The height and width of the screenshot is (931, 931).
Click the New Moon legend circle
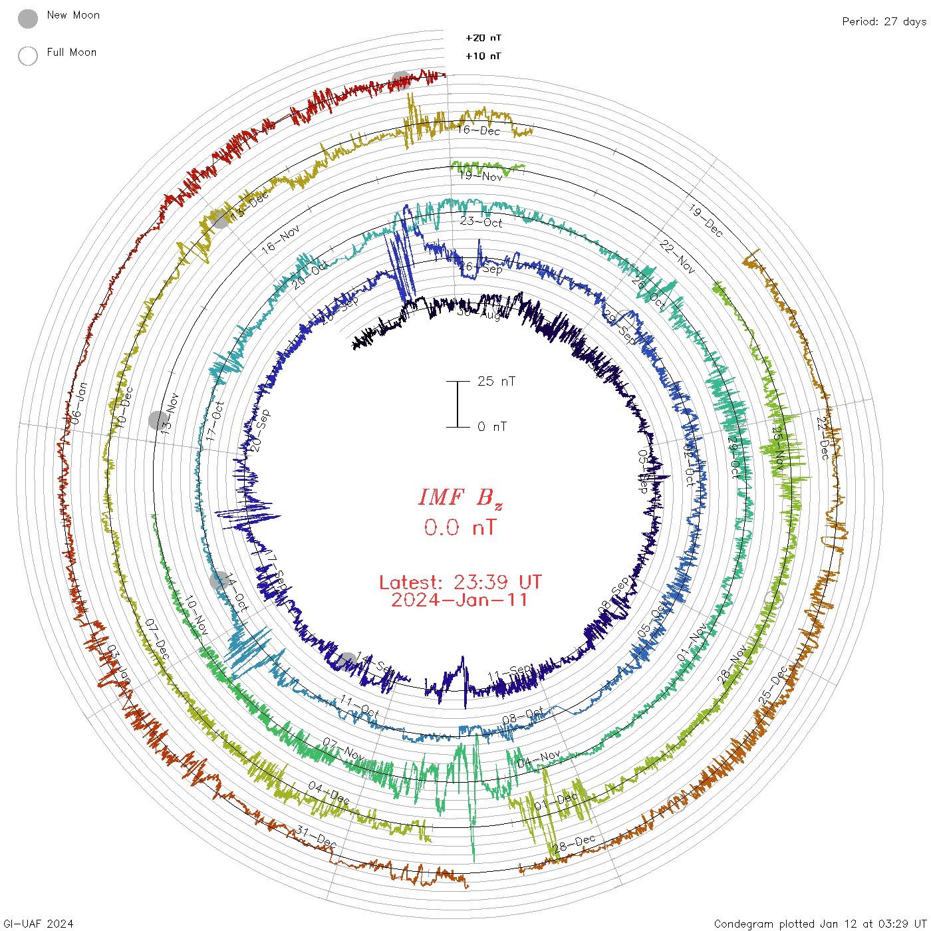[28, 19]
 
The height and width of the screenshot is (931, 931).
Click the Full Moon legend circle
[28, 56]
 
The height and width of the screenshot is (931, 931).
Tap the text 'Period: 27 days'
[884, 22]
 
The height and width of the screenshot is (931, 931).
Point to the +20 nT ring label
[483, 38]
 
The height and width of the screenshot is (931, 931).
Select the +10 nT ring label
[483, 56]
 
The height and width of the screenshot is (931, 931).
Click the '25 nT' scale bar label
[496, 381]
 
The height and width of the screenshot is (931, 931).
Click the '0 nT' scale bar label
[492, 426]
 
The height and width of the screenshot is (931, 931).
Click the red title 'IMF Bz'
[460, 497]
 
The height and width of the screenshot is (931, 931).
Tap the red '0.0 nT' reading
[460, 528]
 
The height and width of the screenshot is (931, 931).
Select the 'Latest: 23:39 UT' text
[460, 583]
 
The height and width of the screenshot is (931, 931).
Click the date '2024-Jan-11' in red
[460, 600]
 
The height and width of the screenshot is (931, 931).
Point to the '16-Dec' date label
[479, 130]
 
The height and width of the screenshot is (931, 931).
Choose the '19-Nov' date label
[481, 176]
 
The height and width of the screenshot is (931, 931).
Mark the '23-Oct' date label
[481, 221]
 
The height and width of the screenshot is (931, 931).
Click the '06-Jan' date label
[78, 402]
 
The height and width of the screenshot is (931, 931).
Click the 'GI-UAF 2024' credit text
[37, 924]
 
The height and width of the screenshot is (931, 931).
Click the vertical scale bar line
[458, 404]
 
